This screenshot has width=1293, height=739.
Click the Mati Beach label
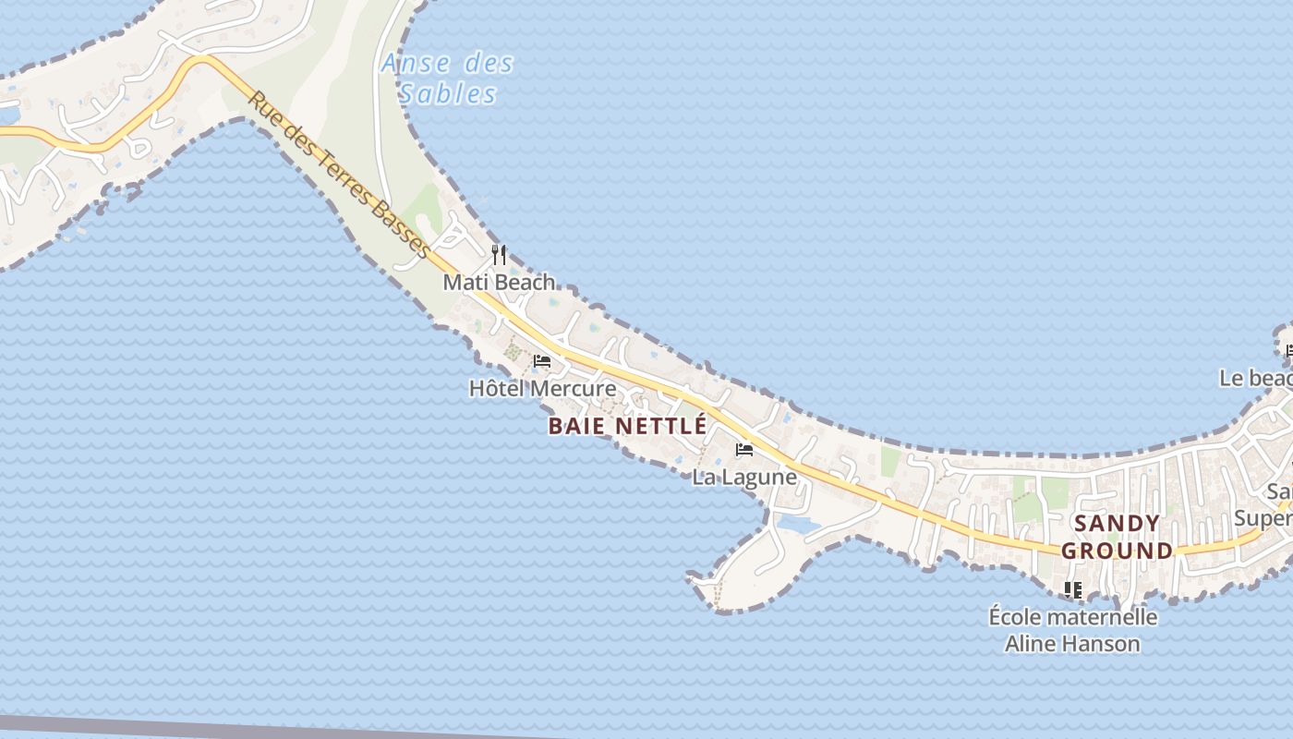click(x=499, y=282)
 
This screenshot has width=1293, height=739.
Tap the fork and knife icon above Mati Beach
click(x=499, y=254)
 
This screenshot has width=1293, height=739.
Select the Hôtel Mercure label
click(x=542, y=388)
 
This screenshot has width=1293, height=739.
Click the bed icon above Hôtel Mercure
click(x=542, y=361)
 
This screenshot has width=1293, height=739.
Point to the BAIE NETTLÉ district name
click(x=627, y=426)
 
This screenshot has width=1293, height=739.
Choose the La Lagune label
click(x=744, y=477)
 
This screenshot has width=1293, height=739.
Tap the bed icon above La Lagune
click(x=744, y=451)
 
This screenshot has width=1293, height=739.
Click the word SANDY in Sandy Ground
click(x=1118, y=523)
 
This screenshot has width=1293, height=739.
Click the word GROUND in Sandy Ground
click(x=1117, y=551)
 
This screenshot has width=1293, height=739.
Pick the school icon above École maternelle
click(x=1072, y=588)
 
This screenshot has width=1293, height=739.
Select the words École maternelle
click(x=1072, y=616)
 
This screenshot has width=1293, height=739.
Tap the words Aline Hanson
click(x=1072, y=643)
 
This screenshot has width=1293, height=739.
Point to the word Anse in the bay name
click(x=416, y=64)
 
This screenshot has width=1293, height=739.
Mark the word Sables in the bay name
click(x=448, y=93)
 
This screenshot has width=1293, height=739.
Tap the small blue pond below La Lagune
click(x=799, y=524)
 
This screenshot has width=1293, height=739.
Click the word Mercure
click(x=574, y=388)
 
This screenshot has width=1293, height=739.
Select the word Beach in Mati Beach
click(x=525, y=282)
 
